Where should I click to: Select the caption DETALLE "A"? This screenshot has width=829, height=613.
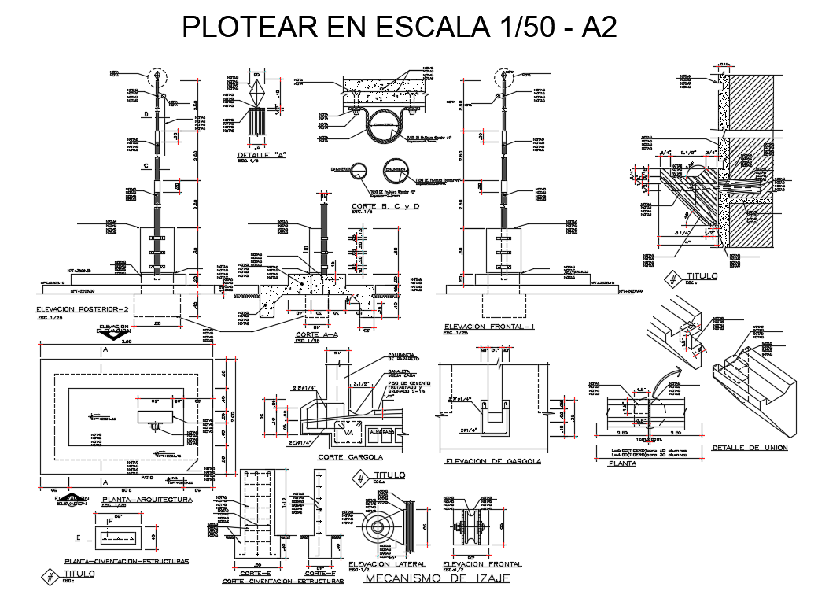click(260, 155)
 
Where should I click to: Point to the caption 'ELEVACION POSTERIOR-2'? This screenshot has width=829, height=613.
click(81, 309)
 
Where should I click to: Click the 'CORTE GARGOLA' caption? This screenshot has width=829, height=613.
click(350, 456)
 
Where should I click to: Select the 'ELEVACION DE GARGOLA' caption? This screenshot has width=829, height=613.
click(492, 461)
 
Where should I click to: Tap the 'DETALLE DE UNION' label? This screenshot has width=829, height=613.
click(750, 448)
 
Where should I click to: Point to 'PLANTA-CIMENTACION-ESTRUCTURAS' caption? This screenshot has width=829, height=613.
click(126, 562)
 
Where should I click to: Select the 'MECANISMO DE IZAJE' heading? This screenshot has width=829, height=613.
click(438, 578)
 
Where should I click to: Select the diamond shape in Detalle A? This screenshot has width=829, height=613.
click(258, 95)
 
